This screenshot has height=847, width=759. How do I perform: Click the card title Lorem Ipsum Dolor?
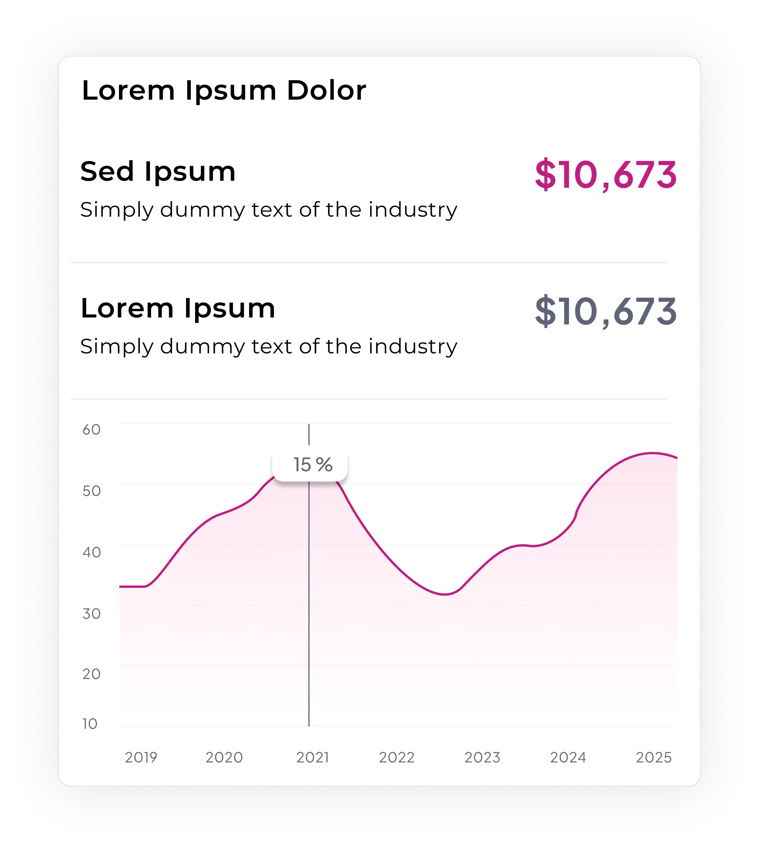(224, 90)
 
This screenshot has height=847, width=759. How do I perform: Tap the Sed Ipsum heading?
(158, 171)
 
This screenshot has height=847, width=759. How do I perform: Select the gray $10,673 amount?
(606, 312)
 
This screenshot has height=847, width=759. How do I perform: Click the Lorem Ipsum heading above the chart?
(178, 308)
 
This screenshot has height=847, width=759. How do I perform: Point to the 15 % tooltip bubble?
(310, 465)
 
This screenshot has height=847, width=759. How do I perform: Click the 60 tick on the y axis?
(91, 429)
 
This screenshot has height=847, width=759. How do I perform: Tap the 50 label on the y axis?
(91, 491)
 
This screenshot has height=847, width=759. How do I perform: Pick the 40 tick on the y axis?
(91, 552)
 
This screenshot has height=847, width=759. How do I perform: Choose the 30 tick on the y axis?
(91, 613)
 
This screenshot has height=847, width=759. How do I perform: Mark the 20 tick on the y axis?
(91, 674)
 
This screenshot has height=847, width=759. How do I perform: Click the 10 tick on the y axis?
(90, 723)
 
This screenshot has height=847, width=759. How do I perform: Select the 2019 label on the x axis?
(141, 757)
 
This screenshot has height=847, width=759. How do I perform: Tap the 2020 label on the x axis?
(224, 757)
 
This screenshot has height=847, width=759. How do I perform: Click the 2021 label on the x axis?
(313, 757)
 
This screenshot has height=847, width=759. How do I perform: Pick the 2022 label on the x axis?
(397, 757)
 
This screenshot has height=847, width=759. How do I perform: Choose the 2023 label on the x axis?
(482, 757)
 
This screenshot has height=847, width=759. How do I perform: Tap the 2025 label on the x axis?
(654, 757)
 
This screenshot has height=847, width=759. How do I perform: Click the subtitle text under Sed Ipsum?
(268, 210)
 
